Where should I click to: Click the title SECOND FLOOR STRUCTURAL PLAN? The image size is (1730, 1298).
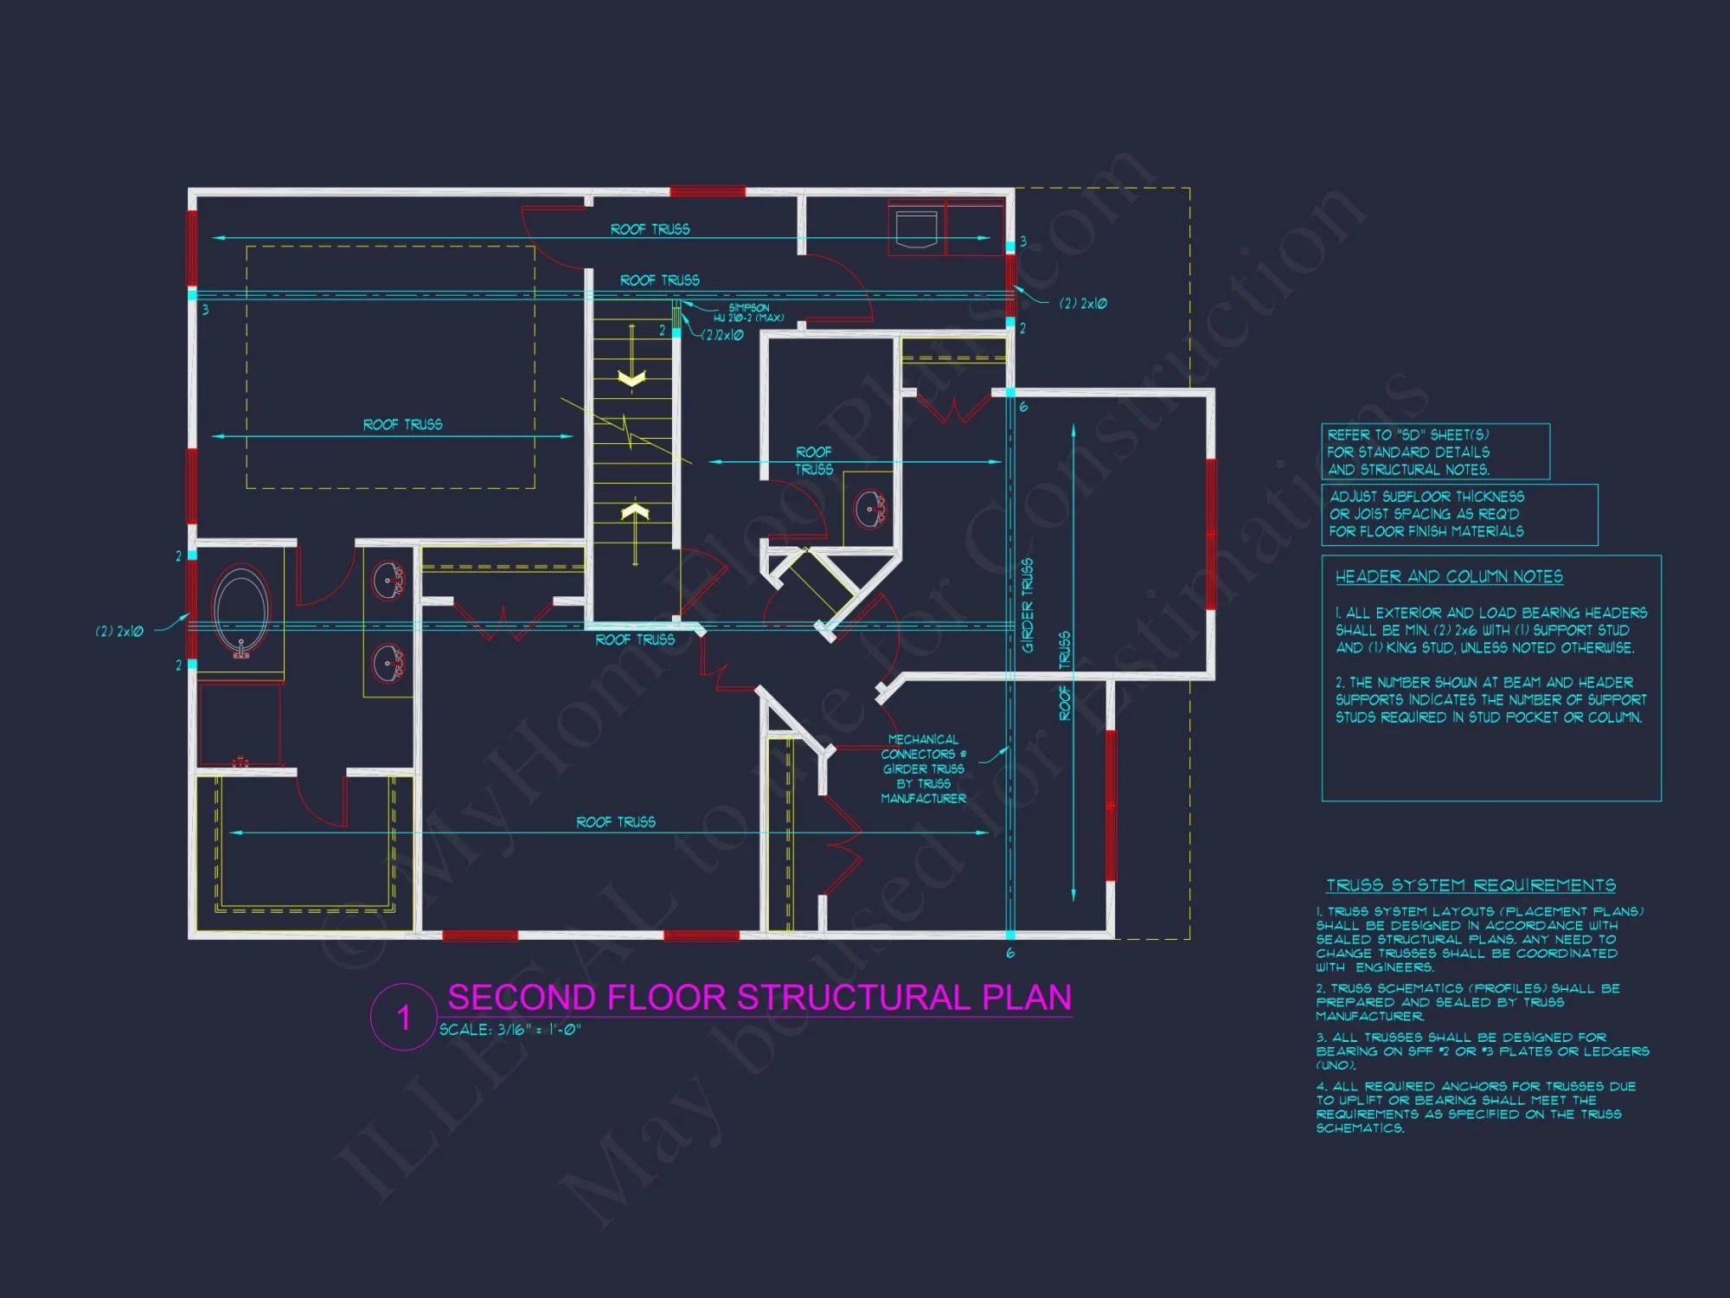tap(759, 998)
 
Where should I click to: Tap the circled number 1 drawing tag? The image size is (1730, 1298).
tap(403, 1017)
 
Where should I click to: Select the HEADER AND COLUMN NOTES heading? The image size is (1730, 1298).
tap(1449, 576)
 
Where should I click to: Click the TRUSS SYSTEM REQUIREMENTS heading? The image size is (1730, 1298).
tap(1470, 885)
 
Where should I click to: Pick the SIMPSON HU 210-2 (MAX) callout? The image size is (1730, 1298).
tap(748, 312)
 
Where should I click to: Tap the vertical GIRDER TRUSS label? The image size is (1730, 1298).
tap(1028, 605)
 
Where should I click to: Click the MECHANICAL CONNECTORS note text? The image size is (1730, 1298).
tap(923, 768)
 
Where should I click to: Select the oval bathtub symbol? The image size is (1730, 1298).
tap(241, 611)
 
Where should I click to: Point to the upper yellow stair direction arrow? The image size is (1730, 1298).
tap(632, 378)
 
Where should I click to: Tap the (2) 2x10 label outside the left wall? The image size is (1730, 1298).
tap(119, 632)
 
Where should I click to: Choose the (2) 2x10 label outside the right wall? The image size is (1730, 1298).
tap(1083, 304)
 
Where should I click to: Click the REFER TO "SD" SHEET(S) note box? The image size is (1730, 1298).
tap(1435, 452)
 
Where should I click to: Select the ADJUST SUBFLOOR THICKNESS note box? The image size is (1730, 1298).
tap(1459, 514)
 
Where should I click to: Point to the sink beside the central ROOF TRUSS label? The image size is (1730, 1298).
tap(869, 509)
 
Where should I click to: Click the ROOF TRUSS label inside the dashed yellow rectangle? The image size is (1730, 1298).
tap(402, 425)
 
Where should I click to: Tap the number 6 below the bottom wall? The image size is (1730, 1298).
tap(1010, 954)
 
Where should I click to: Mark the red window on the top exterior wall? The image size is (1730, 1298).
tap(708, 191)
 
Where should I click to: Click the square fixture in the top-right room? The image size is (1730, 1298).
tap(916, 228)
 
